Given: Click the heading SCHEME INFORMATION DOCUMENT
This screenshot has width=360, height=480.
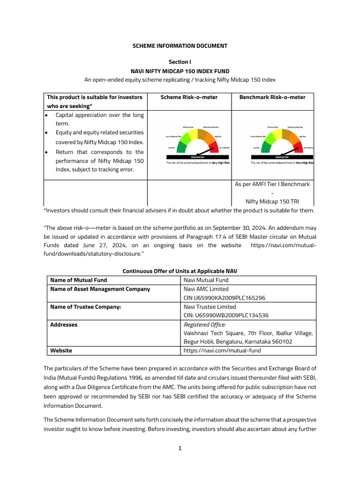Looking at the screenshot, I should click(180, 46).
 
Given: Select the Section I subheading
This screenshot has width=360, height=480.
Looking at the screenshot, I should click(180, 62).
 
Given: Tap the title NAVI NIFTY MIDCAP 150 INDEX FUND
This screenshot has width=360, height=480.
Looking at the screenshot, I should click(180, 71).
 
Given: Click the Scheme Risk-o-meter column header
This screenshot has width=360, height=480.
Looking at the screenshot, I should click(188, 97).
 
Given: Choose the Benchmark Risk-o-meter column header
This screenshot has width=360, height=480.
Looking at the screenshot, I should click(272, 97).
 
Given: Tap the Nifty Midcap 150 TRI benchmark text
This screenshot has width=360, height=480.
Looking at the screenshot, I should click(272, 202).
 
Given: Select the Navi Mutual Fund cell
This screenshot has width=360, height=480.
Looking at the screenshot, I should click(206, 280).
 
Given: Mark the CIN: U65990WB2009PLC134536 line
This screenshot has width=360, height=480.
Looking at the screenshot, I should click(226, 315).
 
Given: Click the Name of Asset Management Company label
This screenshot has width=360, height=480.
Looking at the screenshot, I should click(100, 289).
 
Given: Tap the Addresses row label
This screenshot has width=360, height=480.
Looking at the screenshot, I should click(64, 324).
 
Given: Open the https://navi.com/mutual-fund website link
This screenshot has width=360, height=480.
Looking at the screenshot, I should click(222, 351).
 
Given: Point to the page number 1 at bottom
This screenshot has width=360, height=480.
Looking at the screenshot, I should click(180, 448).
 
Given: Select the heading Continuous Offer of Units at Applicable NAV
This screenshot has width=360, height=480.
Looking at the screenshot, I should click(180, 271).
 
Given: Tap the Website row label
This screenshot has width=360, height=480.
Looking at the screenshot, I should click(61, 351).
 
